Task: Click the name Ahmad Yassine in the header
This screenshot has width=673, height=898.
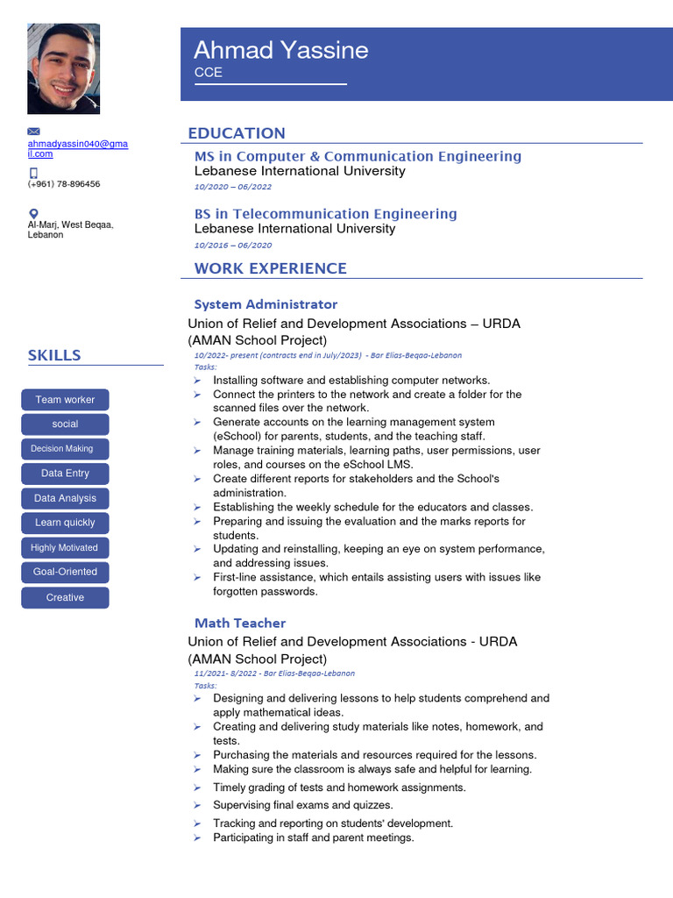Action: tap(280, 50)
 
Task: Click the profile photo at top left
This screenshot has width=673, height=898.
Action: tap(63, 68)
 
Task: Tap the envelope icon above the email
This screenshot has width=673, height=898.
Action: tap(34, 132)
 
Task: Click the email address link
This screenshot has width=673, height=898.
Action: tap(77, 148)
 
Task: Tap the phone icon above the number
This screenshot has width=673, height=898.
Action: tap(33, 173)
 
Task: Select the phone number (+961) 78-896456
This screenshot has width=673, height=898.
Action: tap(64, 184)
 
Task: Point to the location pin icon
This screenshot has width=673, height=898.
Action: tap(34, 213)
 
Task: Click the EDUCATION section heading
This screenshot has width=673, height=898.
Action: tap(237, 133)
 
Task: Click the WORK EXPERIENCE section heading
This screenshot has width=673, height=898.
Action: tap(271, 268)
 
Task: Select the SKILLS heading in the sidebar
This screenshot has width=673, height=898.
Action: tap(54, 355)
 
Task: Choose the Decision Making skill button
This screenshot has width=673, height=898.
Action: tap(65, 449)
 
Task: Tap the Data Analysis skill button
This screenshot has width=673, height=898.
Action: tap(65, 498)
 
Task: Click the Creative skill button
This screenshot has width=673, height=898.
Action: tap(65, 598)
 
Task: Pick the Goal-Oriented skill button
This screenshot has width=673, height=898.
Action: tap(65, 572)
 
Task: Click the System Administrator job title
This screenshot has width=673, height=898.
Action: tap(266, 304)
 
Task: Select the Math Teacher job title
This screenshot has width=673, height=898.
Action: tap(240, 623)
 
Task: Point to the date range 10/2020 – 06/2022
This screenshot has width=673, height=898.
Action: tap(233, 187)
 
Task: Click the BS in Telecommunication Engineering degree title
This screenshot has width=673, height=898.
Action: tap(325, 214)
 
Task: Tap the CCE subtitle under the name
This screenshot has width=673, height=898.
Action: tap(209, 73)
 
